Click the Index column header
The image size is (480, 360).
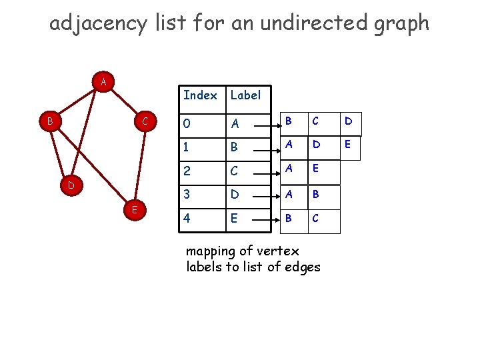200,95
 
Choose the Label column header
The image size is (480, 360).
245,95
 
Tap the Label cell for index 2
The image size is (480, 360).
235,172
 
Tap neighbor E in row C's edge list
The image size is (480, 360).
317,170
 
